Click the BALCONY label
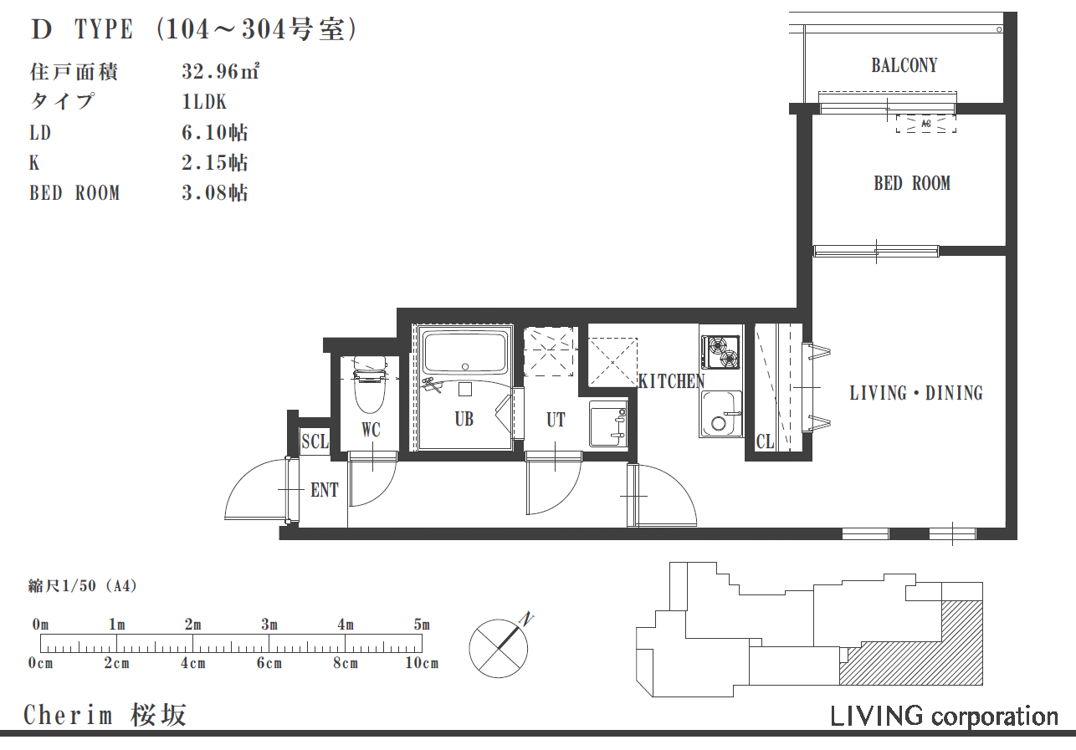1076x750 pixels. (x=904, y=65)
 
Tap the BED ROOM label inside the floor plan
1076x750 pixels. (x=912, y=183)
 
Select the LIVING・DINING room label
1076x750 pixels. (x=916, y=393)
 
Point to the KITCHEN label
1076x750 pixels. (x=671, y=381)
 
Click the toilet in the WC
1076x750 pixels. (x=370, y=384)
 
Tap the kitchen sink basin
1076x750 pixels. (x=720, y=414)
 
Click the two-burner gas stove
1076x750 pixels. (x=720, y=353)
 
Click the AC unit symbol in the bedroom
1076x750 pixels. (x=926, y=124)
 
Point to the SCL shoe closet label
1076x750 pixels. (x=315, y=441)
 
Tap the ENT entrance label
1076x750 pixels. (x=325, y=490)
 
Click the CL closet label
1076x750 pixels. (x=766, y=441)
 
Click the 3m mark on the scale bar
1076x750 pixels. (x=269, y=625)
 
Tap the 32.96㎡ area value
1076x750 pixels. (x=221, y=72)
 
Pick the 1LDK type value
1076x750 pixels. (x=204, y=102)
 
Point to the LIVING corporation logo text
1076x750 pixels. (x=944, y=717)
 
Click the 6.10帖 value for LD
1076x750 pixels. (x=215, y=132)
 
